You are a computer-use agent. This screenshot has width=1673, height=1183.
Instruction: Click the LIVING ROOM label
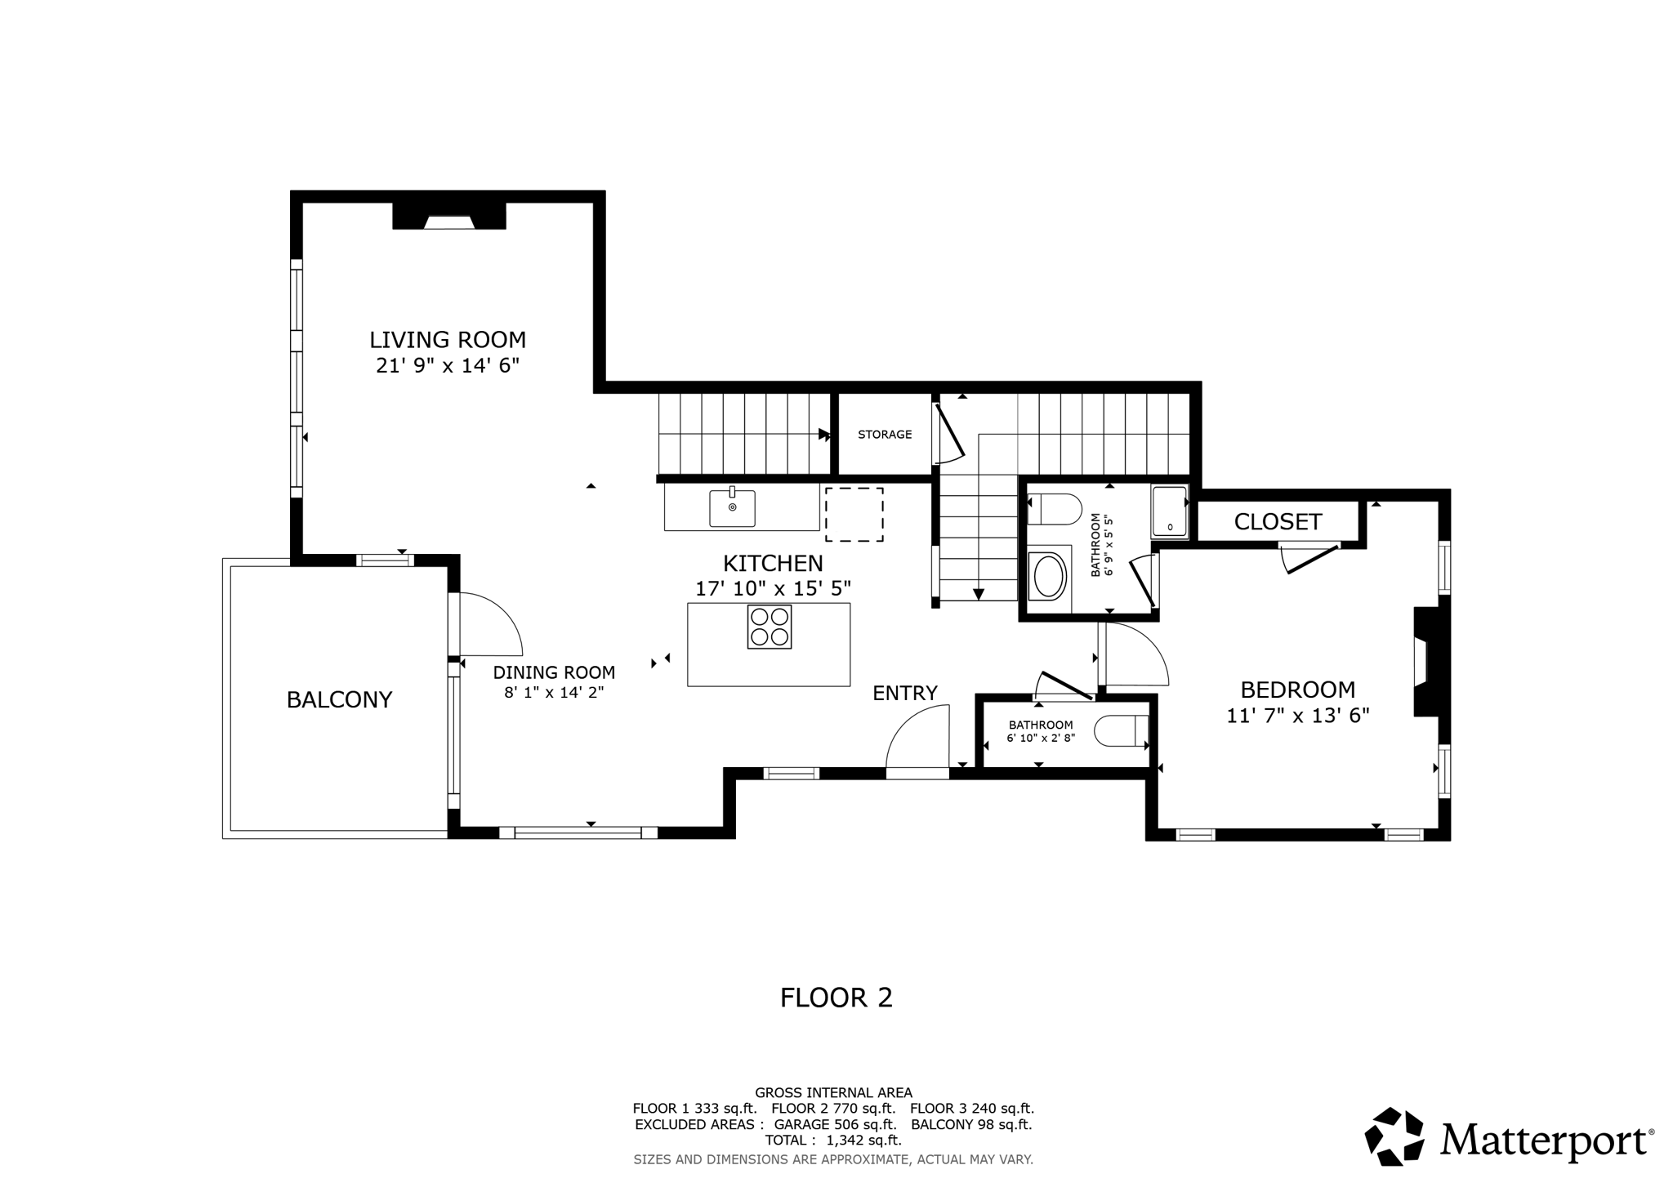click(448, 340)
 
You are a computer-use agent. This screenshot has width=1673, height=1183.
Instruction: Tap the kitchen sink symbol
click(732, 508)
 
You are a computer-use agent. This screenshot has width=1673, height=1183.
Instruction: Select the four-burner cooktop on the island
click(769, 627)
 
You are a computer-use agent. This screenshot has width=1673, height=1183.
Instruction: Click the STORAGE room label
click(885, 435)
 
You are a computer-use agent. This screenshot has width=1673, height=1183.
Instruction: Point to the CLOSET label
click(1278, 522)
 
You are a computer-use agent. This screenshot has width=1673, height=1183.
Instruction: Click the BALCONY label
click(339, 700)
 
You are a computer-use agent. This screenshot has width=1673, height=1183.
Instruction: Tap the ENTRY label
click(904, 694)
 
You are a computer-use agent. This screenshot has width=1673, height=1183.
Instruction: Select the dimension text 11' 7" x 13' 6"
click(1297, 716)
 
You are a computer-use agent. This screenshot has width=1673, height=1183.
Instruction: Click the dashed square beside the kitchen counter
click(854, 515)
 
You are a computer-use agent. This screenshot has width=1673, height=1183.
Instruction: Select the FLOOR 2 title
click(836, 998)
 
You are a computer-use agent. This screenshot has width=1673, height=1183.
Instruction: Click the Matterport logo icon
click(1394, 1136)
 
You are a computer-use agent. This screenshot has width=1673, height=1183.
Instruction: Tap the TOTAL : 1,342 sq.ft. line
click(832, 1141)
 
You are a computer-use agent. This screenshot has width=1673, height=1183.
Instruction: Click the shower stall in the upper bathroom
click(1169, 511)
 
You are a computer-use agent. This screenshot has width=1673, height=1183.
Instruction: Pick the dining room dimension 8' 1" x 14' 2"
click(554, 693)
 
